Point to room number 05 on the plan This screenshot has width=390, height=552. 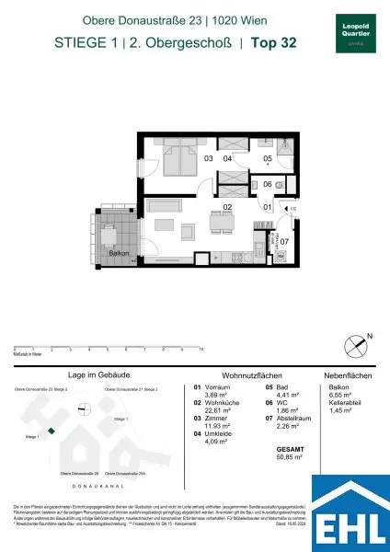coord(267,159)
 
